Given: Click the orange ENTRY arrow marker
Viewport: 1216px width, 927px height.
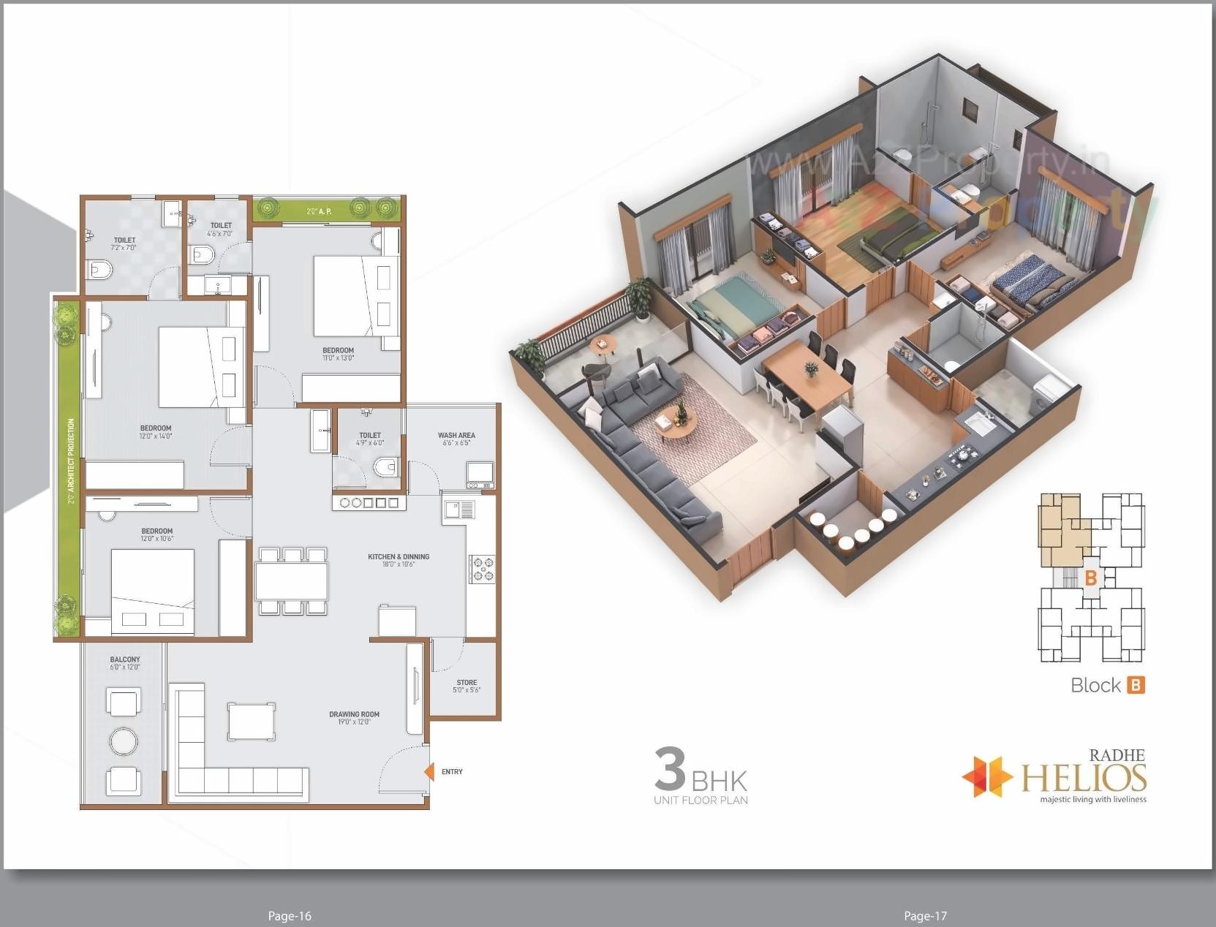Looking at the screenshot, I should (x=429, y=771).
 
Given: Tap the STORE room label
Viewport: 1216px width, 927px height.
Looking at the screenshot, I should (x=467, y=682).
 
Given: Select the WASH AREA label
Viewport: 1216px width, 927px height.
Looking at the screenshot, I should (x=456, y=435).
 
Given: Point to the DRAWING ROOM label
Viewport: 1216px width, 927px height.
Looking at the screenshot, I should (x=354, y=714).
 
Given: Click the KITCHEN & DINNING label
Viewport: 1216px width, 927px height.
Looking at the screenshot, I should (x=399, y=556).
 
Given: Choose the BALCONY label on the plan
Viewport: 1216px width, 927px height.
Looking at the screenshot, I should (x=125, y=659).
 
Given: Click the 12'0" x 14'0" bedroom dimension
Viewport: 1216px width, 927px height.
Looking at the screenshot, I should (x=156, y=436).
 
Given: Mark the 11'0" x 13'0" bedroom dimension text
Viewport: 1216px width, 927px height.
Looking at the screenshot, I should (x=338, y=358).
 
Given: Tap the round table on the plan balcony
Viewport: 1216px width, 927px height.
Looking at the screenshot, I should (x=124, y=741).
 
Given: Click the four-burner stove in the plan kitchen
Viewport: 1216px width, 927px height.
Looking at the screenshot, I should (x=483, y=570).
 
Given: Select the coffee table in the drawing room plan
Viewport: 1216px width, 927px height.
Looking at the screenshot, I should (x=251, y=722).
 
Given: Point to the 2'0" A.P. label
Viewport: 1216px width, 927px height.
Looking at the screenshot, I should (x=320, y=211).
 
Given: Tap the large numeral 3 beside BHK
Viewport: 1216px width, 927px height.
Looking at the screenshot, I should (x=670, y=768).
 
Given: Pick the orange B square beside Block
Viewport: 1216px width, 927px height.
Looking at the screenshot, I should (x=1136, y=685).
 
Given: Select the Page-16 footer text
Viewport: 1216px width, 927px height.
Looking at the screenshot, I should (x=290, y=916).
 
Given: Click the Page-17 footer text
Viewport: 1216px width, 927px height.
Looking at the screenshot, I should (x=925, y=916).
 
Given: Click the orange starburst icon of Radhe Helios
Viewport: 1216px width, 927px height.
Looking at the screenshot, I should (x=986, y=776).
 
